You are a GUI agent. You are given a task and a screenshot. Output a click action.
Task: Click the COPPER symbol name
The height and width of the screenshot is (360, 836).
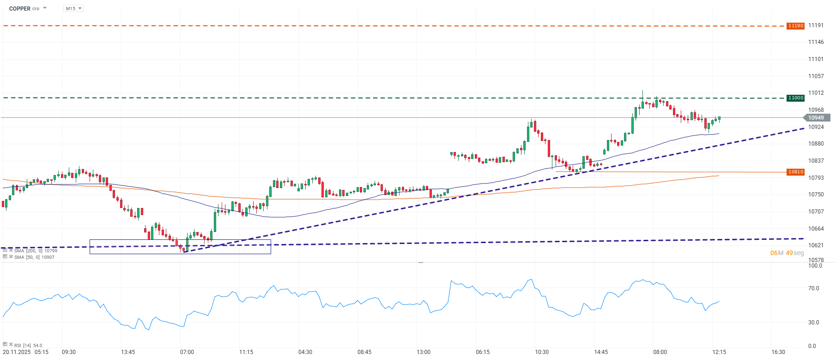[x=19, y=9]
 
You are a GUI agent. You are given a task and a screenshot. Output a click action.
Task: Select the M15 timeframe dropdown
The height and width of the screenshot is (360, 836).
[x=73, y=9]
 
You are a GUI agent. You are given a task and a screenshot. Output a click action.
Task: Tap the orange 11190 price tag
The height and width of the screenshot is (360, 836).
[x=795, y=26]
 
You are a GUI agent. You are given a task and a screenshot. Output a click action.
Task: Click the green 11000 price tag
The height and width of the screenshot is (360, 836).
[x=795, y=98]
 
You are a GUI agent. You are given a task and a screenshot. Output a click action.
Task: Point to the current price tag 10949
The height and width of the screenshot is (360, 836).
[x=816, y=118]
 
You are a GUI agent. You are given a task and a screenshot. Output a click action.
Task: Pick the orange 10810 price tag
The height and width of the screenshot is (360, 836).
[x=795, y=172]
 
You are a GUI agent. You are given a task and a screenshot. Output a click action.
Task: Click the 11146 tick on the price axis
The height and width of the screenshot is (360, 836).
[x=816, y=42]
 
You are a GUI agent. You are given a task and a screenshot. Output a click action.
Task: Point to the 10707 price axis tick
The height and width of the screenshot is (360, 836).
[x=816, y=212]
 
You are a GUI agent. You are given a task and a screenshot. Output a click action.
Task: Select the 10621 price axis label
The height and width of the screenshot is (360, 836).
[x=816, y=245]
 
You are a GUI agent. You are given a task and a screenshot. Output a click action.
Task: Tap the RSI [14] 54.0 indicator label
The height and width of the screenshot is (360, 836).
[x=28, y=345]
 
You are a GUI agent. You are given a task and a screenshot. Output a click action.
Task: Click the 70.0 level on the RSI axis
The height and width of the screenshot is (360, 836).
[x=813, y=288]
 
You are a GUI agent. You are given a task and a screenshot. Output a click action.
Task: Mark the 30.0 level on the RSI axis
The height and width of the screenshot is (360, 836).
[x=813, y=323]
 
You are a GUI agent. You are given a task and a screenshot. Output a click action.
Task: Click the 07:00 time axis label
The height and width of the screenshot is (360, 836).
[x=187, y=352]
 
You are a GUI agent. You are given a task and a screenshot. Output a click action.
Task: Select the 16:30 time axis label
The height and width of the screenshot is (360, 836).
[x=778, y=352]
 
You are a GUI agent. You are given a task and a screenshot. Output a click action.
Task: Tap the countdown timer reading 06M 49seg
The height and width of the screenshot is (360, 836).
[x=787, y=253]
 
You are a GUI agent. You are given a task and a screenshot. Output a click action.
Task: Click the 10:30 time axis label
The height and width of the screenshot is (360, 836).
[x=542, y=352]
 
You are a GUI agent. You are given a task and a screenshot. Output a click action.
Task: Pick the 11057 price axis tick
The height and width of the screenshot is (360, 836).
[x=816, y=76]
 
